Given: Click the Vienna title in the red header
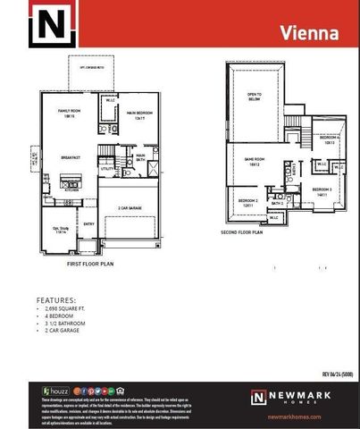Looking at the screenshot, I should (310, 34).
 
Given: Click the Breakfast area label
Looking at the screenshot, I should (71, 158).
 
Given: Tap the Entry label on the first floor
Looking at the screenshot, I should (89, 223).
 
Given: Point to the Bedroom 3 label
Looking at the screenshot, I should (322, 191).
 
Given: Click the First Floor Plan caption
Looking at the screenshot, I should (92, 265).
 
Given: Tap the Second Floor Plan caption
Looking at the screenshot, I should (241, 231).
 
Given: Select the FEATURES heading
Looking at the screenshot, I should (55, 300).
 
